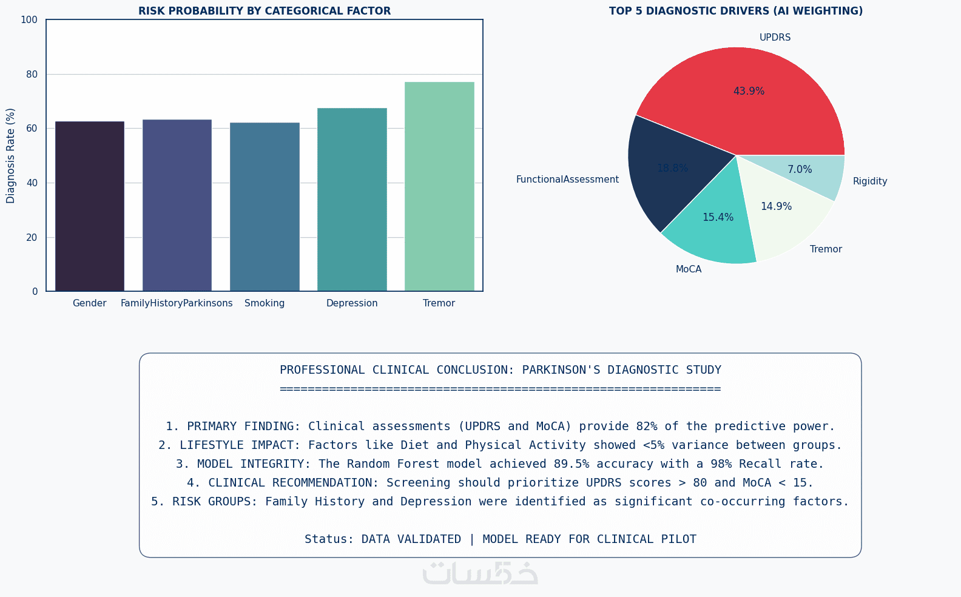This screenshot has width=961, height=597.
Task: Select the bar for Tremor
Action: [x=439, y=186]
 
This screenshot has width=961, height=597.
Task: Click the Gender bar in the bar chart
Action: [x=90, y=206]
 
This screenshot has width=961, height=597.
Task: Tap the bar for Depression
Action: [x=352, y=200]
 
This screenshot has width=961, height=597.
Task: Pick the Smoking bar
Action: [x=265, y=207]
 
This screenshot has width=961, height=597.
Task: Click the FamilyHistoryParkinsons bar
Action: [x=177, y=205]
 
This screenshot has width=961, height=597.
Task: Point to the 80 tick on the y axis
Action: [x=32, y=75]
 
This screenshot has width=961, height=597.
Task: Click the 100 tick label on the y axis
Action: [x=29, y=20]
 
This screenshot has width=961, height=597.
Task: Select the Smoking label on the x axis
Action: [x=265, y=303]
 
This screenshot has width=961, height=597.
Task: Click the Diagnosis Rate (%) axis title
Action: [x=11, y=155]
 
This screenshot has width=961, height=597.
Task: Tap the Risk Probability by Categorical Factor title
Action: [x=265, y=11]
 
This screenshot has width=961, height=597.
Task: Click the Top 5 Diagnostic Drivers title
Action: [x=735, y=11]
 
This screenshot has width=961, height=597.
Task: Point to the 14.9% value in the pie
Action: [x=776, y=206]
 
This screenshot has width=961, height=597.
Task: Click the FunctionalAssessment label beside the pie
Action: [x=567, y=180]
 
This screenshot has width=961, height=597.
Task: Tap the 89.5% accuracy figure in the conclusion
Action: [x=572, y=464]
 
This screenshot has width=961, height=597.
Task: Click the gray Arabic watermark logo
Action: [x=480, y=573]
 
